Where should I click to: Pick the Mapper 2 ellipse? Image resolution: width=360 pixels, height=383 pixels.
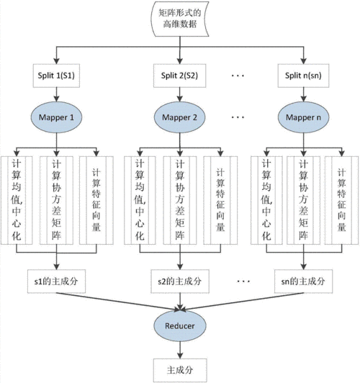[180, 117]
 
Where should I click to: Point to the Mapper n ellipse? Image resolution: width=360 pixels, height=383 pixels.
[302, 117]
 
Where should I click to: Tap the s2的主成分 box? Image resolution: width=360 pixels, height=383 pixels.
[180, 279]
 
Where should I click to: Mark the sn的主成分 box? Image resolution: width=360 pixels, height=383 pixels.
[302, 279]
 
